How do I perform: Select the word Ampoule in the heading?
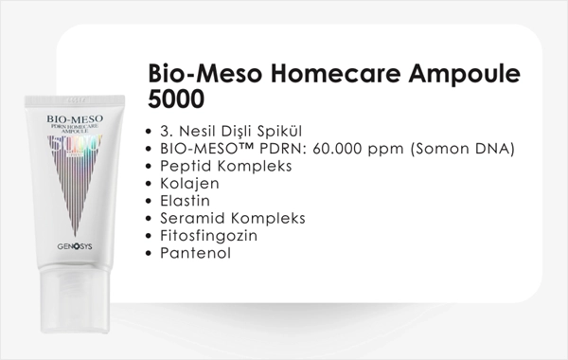coord(464,75)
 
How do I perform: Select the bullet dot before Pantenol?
coord(148,254)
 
